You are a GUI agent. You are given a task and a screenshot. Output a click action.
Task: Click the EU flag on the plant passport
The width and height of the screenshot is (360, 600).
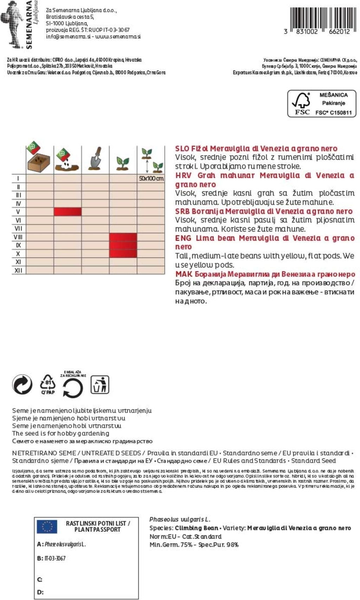47,527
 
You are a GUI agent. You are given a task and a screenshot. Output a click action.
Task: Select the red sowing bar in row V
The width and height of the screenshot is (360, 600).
67,211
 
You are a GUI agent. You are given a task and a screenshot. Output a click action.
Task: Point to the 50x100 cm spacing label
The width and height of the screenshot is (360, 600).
151,178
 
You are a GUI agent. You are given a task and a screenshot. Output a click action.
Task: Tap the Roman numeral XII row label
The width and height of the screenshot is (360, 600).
18,270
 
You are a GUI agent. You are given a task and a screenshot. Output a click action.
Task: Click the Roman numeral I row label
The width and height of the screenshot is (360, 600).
18,178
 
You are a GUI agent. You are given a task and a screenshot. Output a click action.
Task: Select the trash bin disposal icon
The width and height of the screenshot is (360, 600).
100,385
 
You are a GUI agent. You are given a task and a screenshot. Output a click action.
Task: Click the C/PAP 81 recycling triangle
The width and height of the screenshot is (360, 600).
48,384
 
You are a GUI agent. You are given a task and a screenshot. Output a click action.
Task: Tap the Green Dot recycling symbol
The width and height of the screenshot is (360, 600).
22,384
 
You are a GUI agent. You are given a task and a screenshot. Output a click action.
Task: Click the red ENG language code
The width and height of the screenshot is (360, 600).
183,238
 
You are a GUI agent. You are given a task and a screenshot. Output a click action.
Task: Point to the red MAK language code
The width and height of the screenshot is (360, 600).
184,274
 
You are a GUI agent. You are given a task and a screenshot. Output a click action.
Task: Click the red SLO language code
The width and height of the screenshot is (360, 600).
182,149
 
